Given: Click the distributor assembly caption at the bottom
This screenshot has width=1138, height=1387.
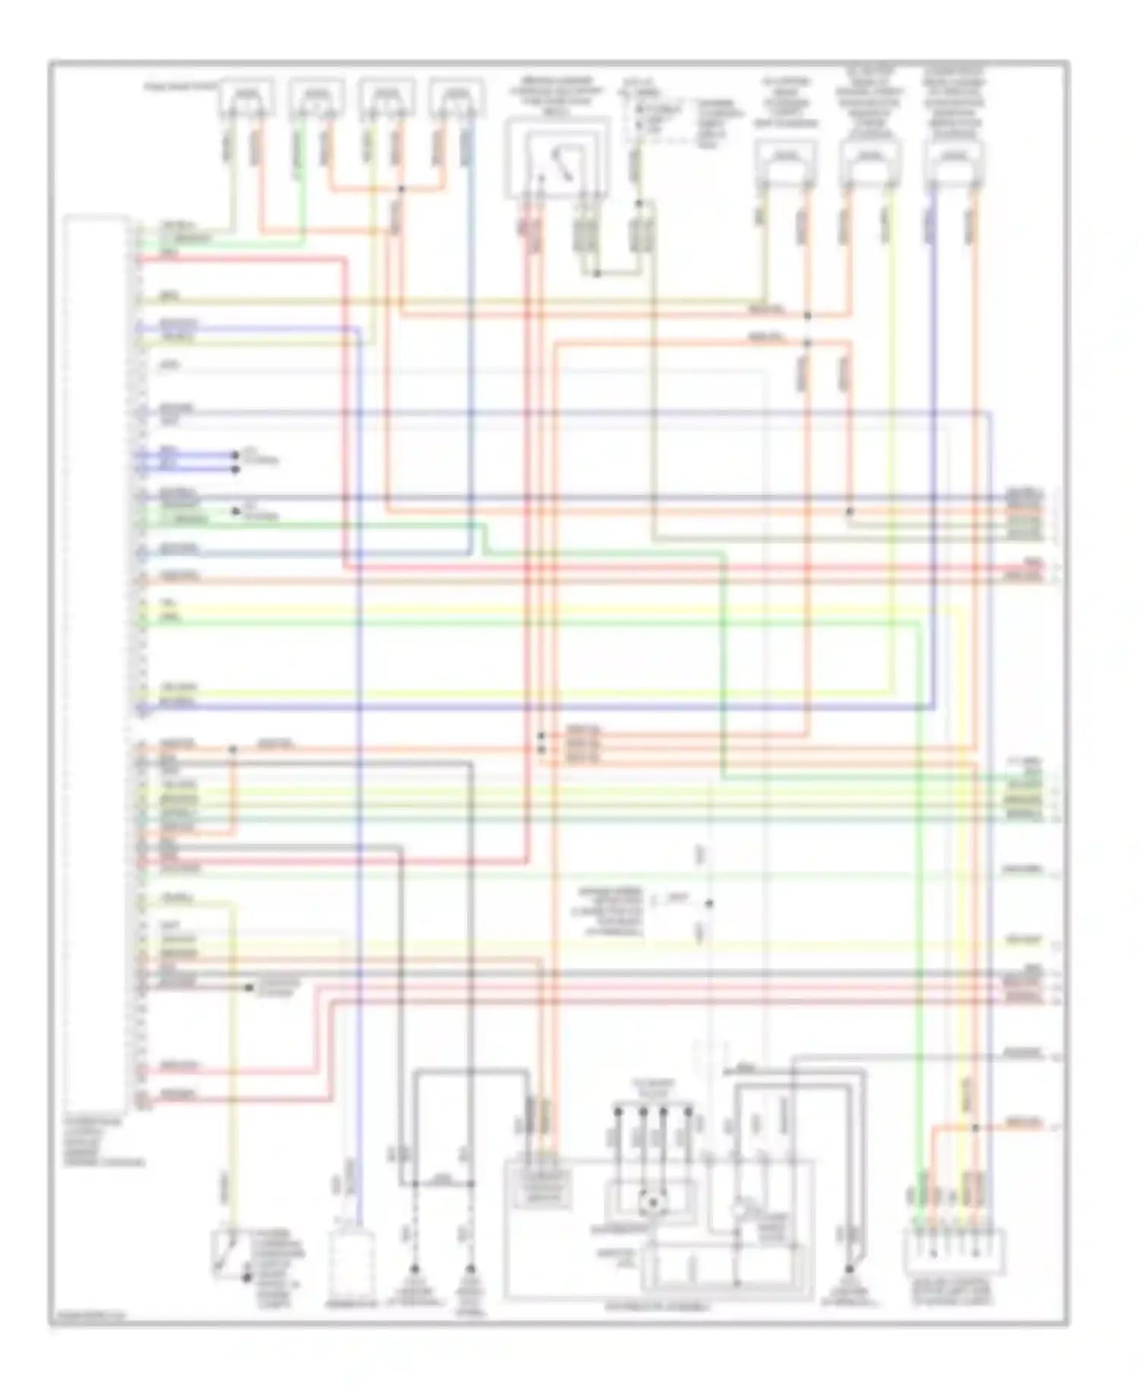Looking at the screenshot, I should (x=658, y=1308).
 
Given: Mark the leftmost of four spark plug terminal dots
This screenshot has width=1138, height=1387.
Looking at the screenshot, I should (x=618, y=1112).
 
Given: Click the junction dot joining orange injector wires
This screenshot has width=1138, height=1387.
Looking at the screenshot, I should (x=401, y=188).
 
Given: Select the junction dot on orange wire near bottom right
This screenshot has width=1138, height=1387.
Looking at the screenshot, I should (x=976, y=1128).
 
